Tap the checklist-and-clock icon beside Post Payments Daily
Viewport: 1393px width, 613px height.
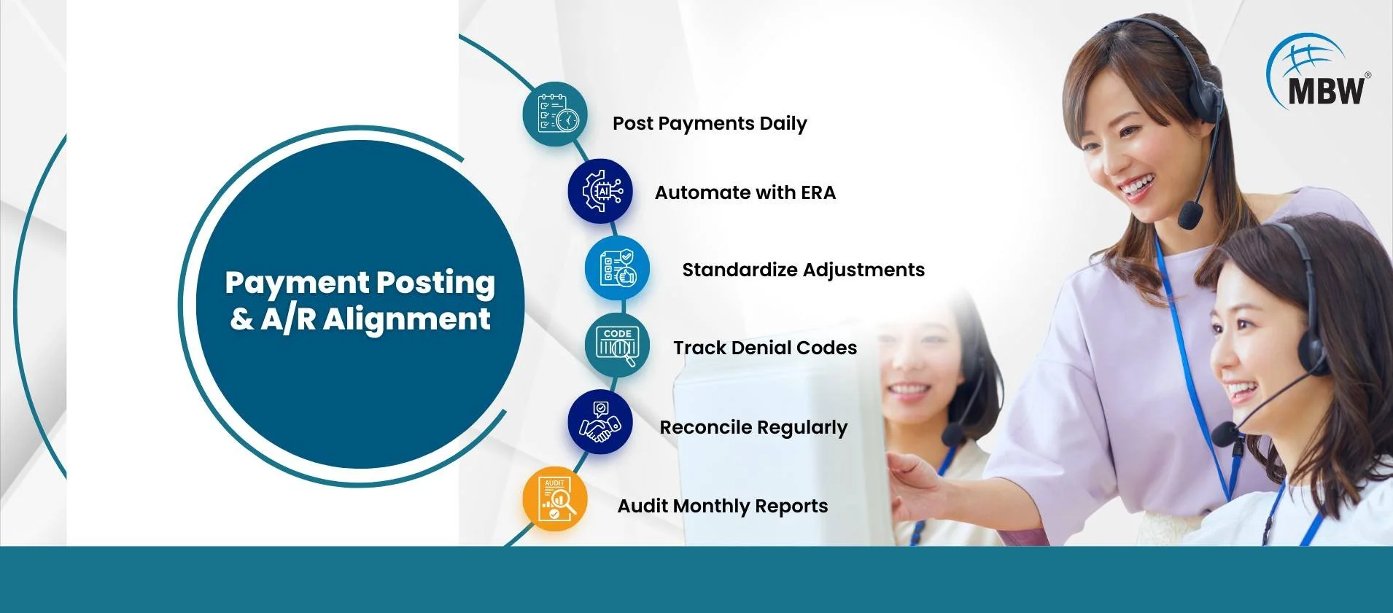tap(555, 114)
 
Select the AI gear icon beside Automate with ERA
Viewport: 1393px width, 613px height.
tap(600, 191)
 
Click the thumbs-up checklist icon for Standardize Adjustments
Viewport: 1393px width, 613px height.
tap(617, 268)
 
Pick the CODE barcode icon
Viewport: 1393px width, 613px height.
tap(617, 345)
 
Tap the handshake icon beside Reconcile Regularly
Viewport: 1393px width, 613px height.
tap(600, 423)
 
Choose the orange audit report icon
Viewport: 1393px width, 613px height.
tap(555, 499)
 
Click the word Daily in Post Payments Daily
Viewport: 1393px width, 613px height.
tap(783, 124)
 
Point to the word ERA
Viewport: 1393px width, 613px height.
tap(818, 192)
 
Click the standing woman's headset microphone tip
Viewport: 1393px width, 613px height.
tap(1190, 214)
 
